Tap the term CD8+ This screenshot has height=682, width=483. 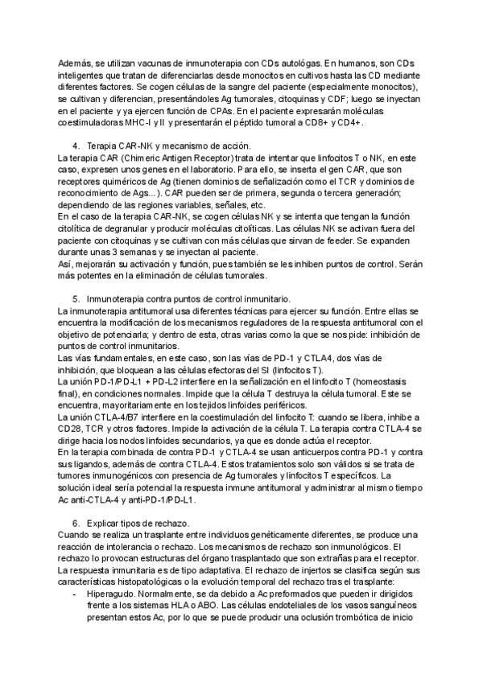(317, 123)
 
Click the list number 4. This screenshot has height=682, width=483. (76, 146)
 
